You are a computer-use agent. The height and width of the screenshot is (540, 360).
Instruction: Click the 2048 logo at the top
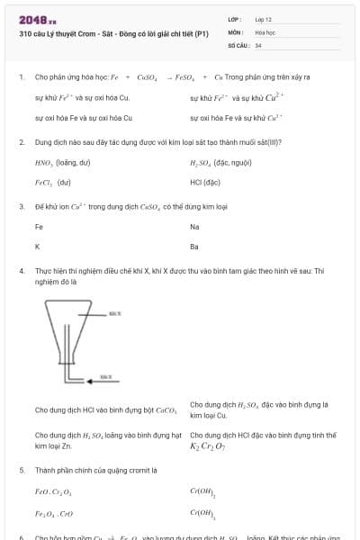pyautogui.click(x=37, y=19)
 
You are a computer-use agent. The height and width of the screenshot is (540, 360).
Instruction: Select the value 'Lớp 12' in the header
pyautogui.click(x=264, y=19)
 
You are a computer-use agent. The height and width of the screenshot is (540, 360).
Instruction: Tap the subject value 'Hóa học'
pyautogui.click(x=265, y=31)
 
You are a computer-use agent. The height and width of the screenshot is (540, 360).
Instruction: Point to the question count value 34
pyautogui.click(x=258, y=44)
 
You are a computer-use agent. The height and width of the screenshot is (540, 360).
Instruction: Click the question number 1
pyautogui.click(x=21, y=77)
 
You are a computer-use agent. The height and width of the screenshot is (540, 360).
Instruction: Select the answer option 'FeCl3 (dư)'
pyautogui.click(x=52, y=182)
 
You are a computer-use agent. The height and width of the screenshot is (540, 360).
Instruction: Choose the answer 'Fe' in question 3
pyautogui.click(x=39, y=227)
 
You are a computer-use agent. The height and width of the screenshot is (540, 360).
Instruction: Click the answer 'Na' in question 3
pyautogui.click(x=195, y=227)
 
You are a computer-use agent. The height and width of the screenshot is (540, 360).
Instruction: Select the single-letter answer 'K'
pyautogui.click(x=38, y=246)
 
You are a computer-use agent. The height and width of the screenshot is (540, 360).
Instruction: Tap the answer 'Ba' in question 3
pyautogui.click(x=194, y=246)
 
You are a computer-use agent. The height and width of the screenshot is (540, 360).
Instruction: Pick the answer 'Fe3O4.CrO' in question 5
pyautogui.click(x=54, y=513)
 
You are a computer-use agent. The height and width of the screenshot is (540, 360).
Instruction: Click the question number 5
pyautogui.click(x=21, y=470)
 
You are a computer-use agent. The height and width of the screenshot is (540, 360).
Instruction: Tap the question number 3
pyautogui.click(x=21, y=206)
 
